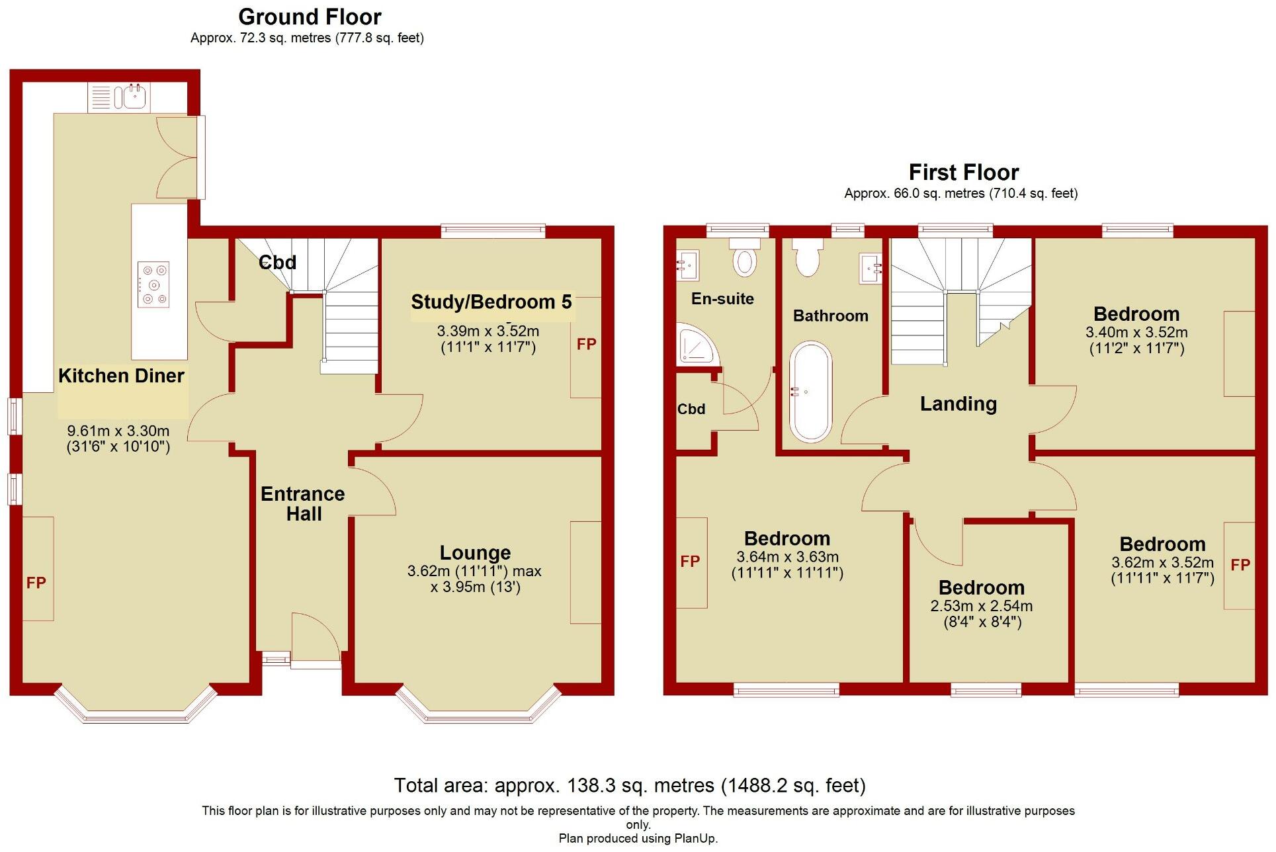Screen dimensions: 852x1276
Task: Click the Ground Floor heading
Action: coord(310,17)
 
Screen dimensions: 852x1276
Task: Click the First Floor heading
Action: coord(963,173)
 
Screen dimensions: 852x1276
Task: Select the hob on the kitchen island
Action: coord(153,284)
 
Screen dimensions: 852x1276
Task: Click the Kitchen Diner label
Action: coord(121,376)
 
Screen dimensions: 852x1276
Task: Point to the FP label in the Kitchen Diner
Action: coord(36,583)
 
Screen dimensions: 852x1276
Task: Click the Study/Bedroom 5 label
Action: coord(491,302)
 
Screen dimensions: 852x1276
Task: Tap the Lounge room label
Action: coord(475,552)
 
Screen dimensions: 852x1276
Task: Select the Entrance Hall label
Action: coord(303,503)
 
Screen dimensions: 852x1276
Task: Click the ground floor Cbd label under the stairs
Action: coord(277,263)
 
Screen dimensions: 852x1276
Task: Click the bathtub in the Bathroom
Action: coord(811,392)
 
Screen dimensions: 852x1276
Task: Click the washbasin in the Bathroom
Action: coord(871,269)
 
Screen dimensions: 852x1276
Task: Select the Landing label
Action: coord(958,404)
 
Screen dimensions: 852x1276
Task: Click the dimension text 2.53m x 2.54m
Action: coord(981,606)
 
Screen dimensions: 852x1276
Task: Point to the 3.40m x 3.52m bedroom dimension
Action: coord(1136,332)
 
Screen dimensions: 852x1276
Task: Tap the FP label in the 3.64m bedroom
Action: coord(690,562)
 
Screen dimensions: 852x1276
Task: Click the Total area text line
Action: coord(629,785)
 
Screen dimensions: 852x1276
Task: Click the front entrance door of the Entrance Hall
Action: coord(316,638)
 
